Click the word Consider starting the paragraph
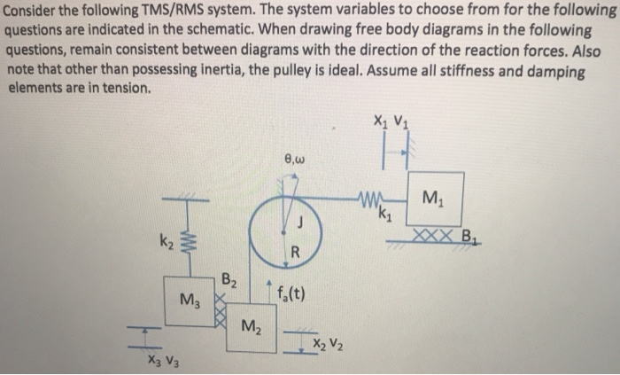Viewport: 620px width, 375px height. (x=29, y=11)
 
